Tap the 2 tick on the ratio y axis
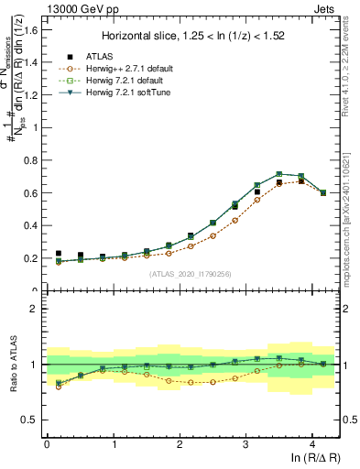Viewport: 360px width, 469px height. pyautogui.click(x=37, y=309)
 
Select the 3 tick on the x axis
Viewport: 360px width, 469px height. pyautogui.click(x=245, y=444)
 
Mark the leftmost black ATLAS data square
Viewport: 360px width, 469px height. pyautogui.click(x=59, y=254)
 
